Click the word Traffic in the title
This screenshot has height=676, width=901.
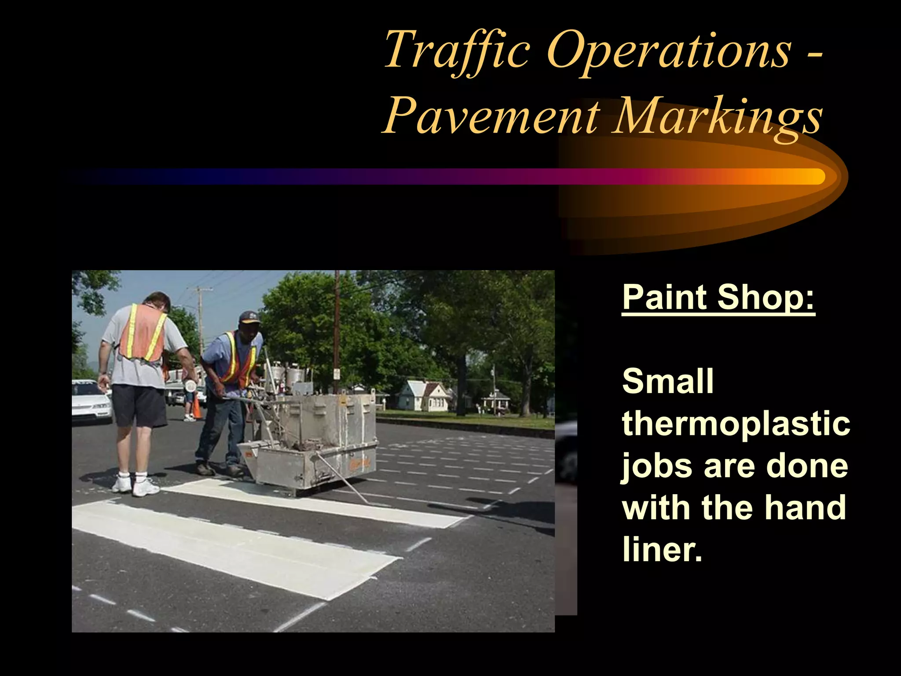457,49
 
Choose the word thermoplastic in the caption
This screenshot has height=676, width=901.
736,423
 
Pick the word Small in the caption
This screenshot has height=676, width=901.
667,381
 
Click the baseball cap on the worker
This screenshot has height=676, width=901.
249,317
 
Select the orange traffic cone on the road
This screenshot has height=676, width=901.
196,408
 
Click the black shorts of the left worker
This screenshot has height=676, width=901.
138,405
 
